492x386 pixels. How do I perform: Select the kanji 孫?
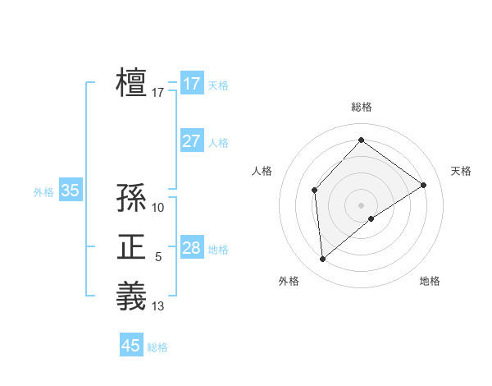[131, 197]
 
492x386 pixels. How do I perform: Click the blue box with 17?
[191, 84]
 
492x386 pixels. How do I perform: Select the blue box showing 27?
[191, 141]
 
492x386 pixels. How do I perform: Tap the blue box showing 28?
[191, 248]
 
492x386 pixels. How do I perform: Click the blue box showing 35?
[70, 191]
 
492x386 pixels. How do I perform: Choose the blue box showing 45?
[131, 346]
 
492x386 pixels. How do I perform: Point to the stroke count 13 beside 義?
[158, 306]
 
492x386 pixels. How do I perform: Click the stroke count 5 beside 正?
[158, 258]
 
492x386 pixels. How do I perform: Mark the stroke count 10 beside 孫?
[158, 208]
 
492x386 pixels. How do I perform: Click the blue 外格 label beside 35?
[43, 192]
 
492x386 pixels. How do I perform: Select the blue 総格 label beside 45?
[157, 347]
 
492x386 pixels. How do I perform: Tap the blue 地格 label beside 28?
[218, 250]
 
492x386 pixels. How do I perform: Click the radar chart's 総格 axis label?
[361, 107]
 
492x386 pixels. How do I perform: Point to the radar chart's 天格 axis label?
[461, 171]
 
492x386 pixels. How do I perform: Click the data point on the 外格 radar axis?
[323, 259]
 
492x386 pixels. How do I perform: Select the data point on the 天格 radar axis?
[424, 185]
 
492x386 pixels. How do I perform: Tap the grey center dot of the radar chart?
[361, 204]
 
